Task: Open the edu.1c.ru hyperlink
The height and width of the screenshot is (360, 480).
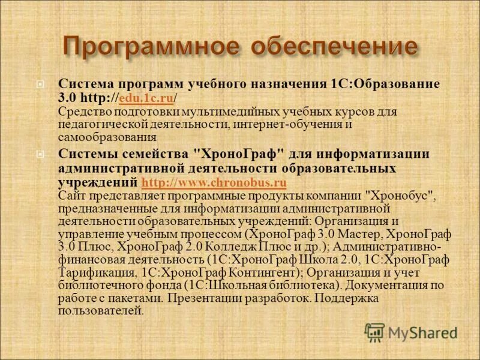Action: (x=147, y=97)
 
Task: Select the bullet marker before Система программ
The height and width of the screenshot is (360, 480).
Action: (x=39, y=83)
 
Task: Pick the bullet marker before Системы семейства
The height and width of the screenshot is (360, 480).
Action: (x=39, y=154)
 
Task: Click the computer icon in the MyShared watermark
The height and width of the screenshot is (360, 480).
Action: (x=375, y=331)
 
